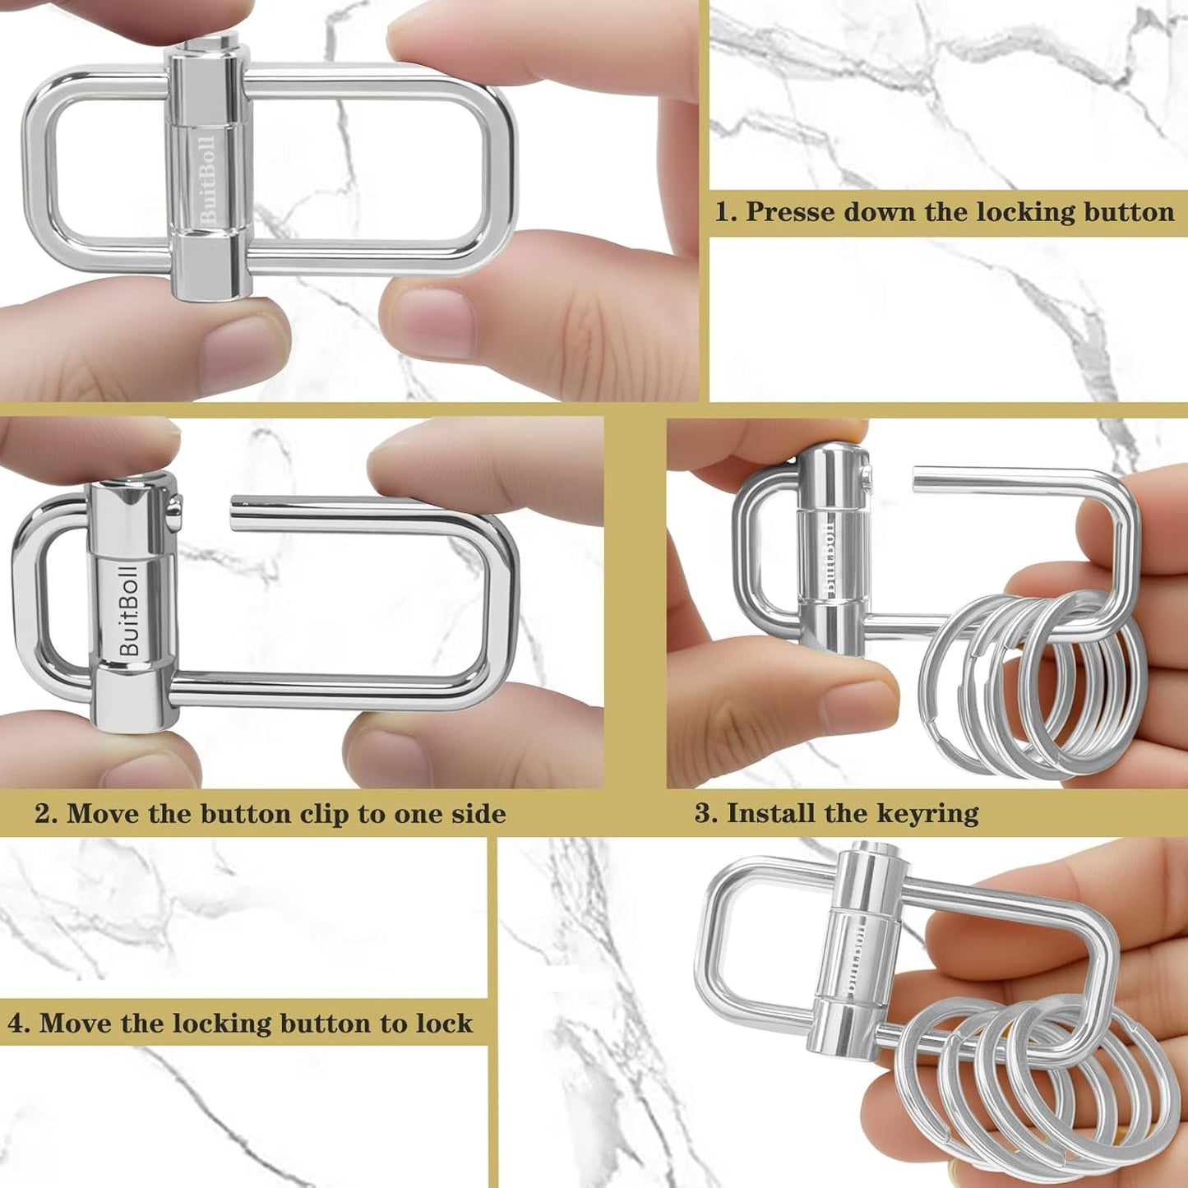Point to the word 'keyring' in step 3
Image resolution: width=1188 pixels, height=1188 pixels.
pos(927,814)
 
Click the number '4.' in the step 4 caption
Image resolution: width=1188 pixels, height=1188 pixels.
pos(18,1024)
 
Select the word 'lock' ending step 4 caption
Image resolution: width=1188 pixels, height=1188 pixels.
pos(444,1024)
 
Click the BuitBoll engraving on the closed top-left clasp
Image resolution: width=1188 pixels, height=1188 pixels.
pos(208,179)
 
